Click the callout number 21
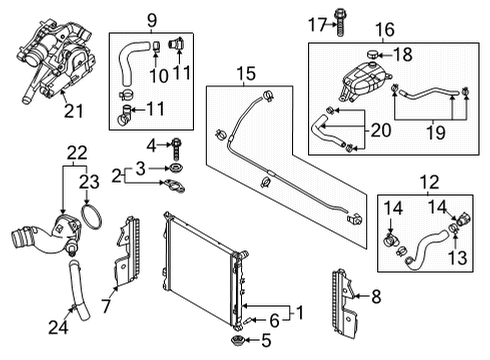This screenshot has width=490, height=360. click(x=73, y=111)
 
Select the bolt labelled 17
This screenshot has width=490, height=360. click(x=339, y=22)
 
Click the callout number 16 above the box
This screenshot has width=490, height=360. click(x=385, y=29)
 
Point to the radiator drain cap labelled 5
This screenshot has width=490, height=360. click(x=238, y=341)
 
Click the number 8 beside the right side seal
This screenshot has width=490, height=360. click(x=376, y=296)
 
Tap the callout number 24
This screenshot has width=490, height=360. click(x=58, y=327)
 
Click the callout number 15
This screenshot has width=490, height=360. click(x=246, y=73)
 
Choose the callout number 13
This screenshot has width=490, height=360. click(x=457, y=257)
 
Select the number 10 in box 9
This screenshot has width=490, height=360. click(x=159, y=76)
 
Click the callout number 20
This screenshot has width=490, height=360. click(x=381, y=130)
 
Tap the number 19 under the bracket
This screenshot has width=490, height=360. click(x=436, y=132)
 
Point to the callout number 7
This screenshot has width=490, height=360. click(x=106, y=306)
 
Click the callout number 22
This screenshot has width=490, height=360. click(x=77, y=153)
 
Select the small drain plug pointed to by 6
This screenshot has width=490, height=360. click(x=248, y=321)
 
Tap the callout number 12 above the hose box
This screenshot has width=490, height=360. click(x=430, y=183)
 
